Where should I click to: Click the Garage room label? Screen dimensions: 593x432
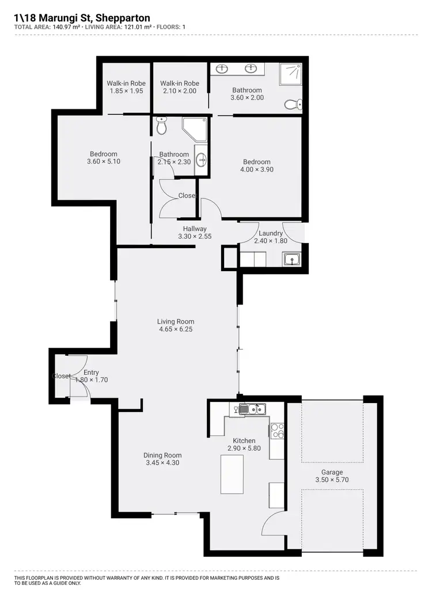pyautogui.click(x=332, y=472)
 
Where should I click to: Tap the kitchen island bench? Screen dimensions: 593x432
pyautogui.click(x=232, y=474)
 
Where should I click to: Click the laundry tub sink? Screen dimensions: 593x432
pyautogui.click(x=292, y=260)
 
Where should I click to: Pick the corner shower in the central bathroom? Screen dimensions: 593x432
pyautogui.click(x=194, y=130)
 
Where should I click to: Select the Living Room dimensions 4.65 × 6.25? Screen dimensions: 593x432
pyautogui.click(x=176, y=329)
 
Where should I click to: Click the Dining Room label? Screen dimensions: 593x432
pyautogui.click(x=162, y=455)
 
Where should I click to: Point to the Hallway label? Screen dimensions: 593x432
pyautogui.click(x=195, y=229)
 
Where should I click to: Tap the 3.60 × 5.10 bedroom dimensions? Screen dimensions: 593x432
pyautogui.click(x=103, y=162)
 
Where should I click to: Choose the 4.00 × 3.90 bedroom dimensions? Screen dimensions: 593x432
pyautogui.click(x=256, y=169)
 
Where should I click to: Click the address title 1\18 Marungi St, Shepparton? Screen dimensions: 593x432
pyautogui.click(x=82, y=18)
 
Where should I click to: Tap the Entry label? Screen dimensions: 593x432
pyautogui.click(x=91, y=372)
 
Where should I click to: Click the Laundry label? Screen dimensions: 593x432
pyautogui.click(x=271, y=233)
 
